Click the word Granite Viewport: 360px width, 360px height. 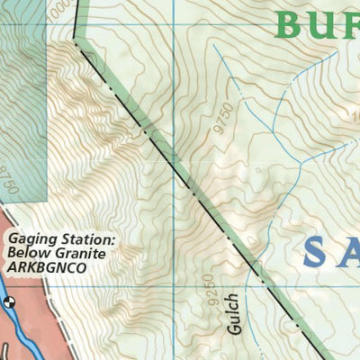85,254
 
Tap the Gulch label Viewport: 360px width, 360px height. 232,313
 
